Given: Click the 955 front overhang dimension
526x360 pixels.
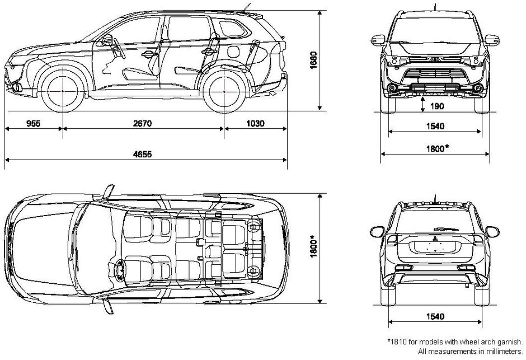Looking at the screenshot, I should click(33, 124).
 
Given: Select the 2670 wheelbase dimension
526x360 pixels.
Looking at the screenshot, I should click(143, 124).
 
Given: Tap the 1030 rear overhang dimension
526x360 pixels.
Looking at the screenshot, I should click(255, 124).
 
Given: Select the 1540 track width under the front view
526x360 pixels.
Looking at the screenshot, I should click(434, 127).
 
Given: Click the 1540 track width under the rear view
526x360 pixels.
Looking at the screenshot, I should click(434, 317).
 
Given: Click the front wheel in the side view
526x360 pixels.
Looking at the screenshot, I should click(63, 90).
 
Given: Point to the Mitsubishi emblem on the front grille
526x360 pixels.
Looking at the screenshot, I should click(434, 59).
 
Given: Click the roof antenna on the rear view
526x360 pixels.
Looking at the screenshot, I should click(435, 199).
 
